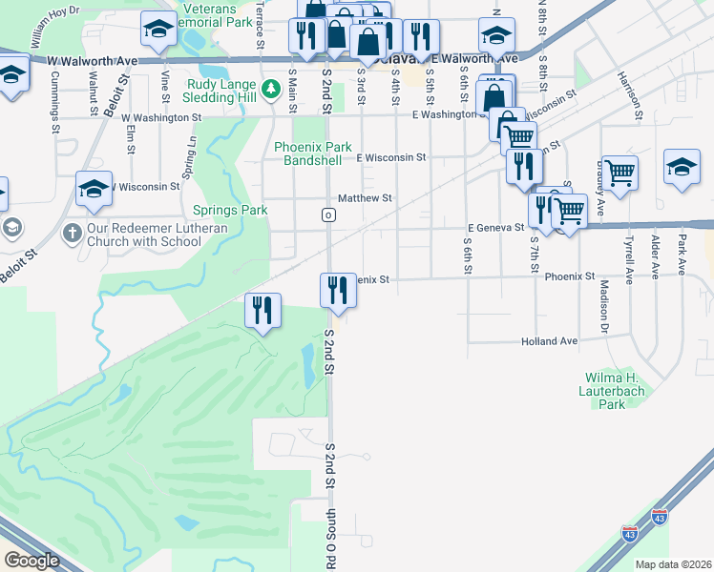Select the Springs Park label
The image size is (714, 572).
[x=230, y=210]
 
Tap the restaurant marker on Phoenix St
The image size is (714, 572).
[x=337, y=289]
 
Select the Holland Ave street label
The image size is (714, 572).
[x=549, y=341]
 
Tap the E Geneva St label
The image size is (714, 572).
[x=496, y=228]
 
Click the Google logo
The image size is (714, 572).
[x=31, y=561]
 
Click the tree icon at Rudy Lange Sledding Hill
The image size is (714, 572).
[x=270, y=89]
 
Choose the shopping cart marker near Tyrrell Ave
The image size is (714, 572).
[x=619, y=174]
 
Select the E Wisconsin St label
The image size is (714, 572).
[x=390, y=157]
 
